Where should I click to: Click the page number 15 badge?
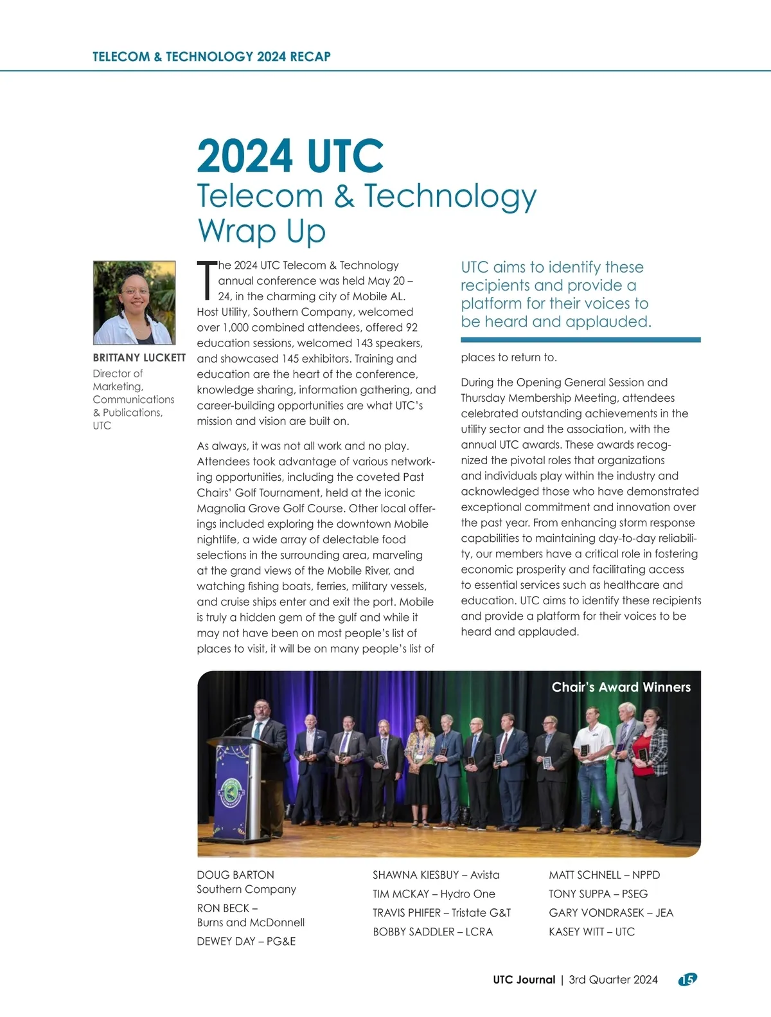(x=687, y=979)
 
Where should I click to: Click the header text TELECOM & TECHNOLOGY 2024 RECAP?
(x=211, y=57)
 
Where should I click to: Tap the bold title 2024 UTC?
(x=290, y=156)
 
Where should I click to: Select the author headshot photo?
(x=134, y=303)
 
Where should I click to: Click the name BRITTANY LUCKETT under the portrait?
(x=139, y=358)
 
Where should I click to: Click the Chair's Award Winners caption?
(x=621, y=687)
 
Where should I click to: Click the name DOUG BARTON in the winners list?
(x=235, y=875)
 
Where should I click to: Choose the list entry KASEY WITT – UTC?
(x=591, y=932)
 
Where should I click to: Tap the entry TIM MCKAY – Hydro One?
(x=434, y=894)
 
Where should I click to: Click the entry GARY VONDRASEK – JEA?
(x=610, y=913)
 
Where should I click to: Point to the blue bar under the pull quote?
(x=580, y=340)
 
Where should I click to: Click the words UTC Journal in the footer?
(x=524, y=980)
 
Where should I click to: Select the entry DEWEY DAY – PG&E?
(x=246, y=941)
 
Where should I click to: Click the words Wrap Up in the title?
(x=261, y=231)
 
